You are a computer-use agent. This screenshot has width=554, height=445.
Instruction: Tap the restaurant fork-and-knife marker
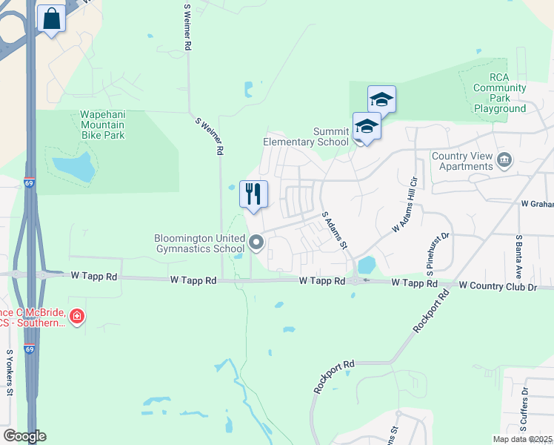coord(253,194)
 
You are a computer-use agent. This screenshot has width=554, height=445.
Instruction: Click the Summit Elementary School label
coord(306,136)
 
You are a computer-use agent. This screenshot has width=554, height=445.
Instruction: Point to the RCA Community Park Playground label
coord(500,93)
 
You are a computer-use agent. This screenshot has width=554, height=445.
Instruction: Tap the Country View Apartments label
coord(462,161)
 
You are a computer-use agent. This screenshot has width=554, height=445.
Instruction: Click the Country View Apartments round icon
coord(504,159)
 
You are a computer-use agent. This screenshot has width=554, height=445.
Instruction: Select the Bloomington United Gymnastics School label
coord(199,243)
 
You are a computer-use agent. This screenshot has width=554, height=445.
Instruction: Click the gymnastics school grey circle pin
coord(256,242)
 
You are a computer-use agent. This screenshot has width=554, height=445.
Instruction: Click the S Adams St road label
coord(335,231)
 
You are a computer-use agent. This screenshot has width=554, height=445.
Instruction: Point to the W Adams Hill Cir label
coord(406,209)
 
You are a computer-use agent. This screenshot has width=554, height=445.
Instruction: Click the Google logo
coord(24,436)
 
